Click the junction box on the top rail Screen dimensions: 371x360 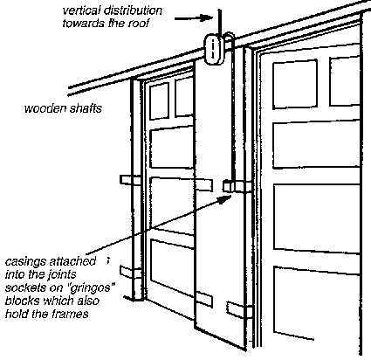coord(214,49)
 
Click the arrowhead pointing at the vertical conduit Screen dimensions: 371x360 coord(207,17)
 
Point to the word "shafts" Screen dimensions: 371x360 coord(86,108)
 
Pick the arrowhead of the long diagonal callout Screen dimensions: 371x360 coord(224,199)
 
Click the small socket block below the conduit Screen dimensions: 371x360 coord(229,186)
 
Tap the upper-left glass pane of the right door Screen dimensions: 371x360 coord(295,85)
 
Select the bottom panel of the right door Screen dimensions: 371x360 coord(316,303)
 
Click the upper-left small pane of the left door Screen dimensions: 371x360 coord(159,101)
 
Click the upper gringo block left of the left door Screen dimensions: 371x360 coord(127,180)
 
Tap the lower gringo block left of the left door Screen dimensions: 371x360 coord(127,273)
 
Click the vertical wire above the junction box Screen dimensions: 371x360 coord(219,23)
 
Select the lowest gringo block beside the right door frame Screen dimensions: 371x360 coord(237,310)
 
